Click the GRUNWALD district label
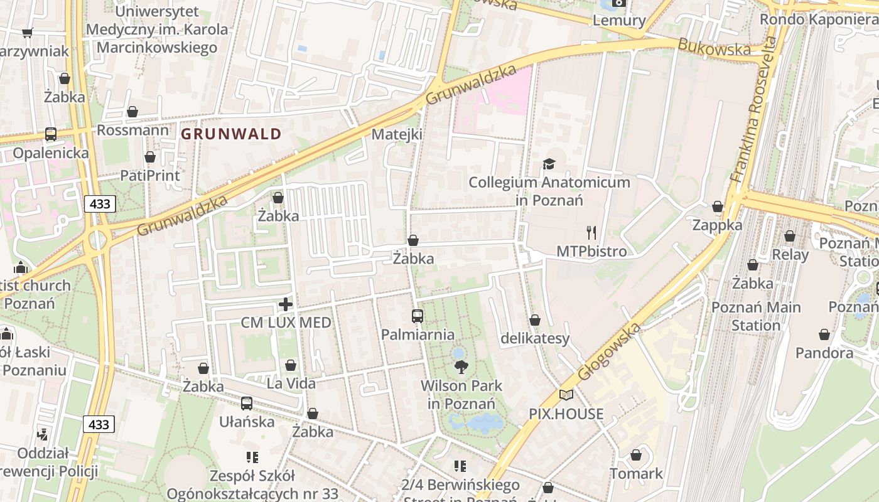tap(231, 134)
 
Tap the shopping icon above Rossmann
tap(132, 112)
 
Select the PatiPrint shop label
tap(149, 175)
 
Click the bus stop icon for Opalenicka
tap(51, 134)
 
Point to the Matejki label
tap(397, 134)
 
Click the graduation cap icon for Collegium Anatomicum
tap(549, 164)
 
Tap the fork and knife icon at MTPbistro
tap(591, 233)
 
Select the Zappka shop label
tap(717, 225)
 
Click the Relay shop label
tap(790, 254)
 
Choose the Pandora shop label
tap(824, 353)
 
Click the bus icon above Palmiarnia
tap(418, 316)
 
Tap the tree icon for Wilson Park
tap(461, 367)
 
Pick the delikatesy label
tap(535, 339)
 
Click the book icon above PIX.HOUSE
tap(566, 395)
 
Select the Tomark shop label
tap(636, 473)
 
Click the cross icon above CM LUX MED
tap(286, 305)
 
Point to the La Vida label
tap(291, 383)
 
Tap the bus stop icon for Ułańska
tap(247, 403)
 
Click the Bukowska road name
tap(714, 48)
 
